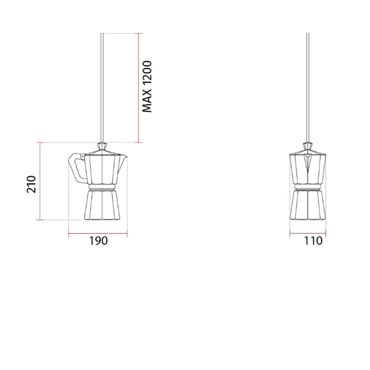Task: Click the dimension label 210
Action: click(31, 184)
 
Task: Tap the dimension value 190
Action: click(99, 241)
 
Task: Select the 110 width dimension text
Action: click(313, 241)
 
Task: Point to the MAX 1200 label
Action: click(147, 86)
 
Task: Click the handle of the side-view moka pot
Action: click(76, 168)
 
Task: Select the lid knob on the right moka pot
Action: click(307, 146)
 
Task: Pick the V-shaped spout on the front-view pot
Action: click(307, 161)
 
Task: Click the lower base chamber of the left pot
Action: click(102, 205)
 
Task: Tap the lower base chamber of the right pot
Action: click(307, 205)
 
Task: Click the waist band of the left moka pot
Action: click(102, 187)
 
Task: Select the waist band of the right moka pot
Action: click(307, 187)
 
